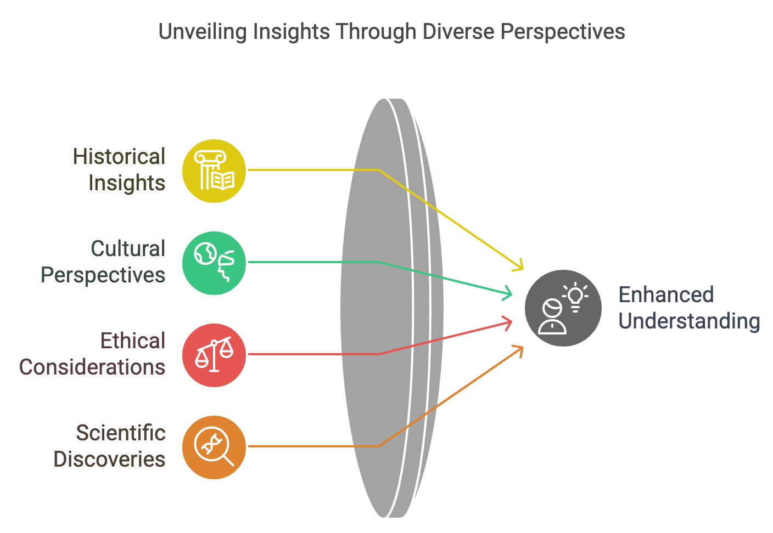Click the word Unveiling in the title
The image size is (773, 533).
202,32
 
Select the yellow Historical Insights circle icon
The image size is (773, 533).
214,171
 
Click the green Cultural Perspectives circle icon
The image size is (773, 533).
214,263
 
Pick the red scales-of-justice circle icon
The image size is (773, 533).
214,355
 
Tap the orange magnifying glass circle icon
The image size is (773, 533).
214,447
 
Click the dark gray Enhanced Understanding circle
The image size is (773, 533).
563,308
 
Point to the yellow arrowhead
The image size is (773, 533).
519,265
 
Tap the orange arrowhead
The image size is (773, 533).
519,351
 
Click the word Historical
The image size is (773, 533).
119,156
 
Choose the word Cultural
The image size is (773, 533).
128,248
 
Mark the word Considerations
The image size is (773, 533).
92,367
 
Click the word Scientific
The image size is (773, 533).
121,433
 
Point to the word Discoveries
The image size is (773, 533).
109,459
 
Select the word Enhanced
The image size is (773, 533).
666,295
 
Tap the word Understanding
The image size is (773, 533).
689,321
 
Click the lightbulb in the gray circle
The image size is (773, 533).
575,297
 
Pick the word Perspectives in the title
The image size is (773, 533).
563,32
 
